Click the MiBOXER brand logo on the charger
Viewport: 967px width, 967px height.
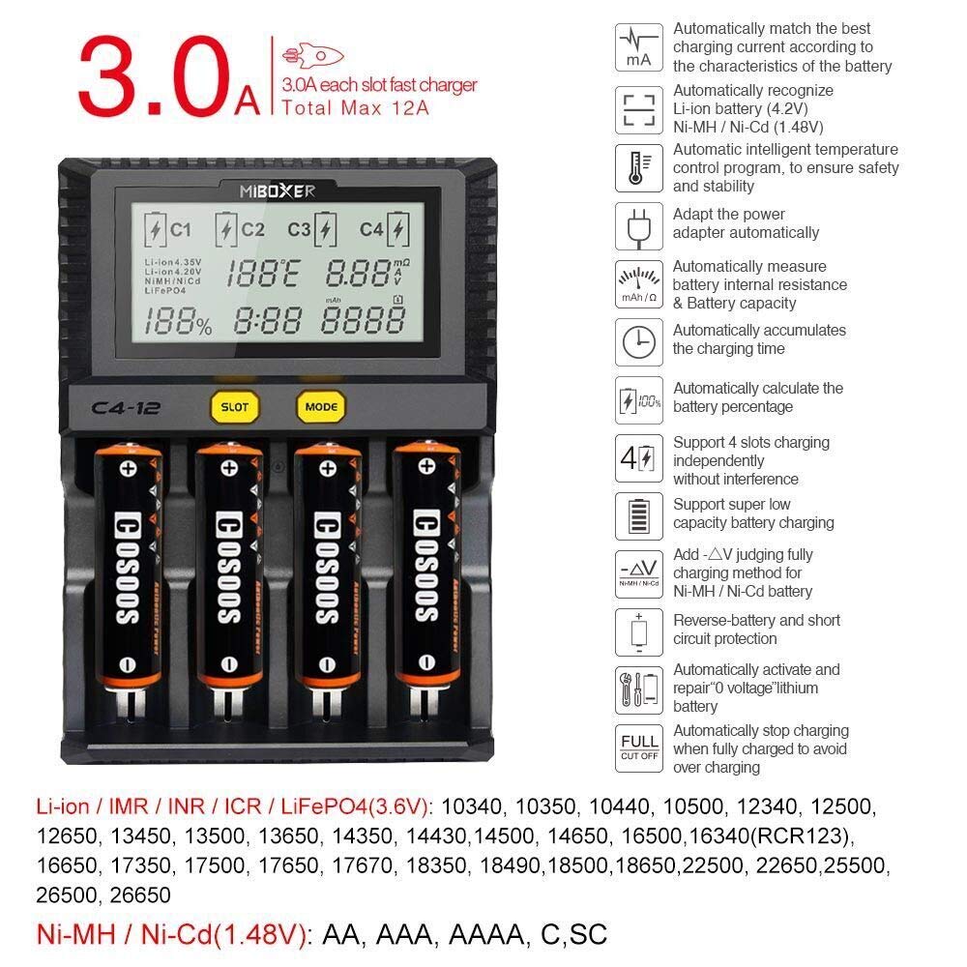(x=277, y=191)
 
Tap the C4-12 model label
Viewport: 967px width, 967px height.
(x=120, y=407)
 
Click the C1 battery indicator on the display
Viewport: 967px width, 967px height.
(x=168, y=229)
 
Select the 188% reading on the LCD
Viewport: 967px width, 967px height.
(x=178, y=321)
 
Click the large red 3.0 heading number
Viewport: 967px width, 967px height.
(x=156, y=78)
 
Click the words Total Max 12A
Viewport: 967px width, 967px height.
(x=356, y=107)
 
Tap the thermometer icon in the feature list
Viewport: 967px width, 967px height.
(x=639, y=167)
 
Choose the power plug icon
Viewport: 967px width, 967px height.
(x=639, y=225)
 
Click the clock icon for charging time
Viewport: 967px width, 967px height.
(x=639, y=341)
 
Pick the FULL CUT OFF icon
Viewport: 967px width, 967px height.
(x=639, y=747)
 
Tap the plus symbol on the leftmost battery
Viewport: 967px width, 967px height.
(x=128, y=468)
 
